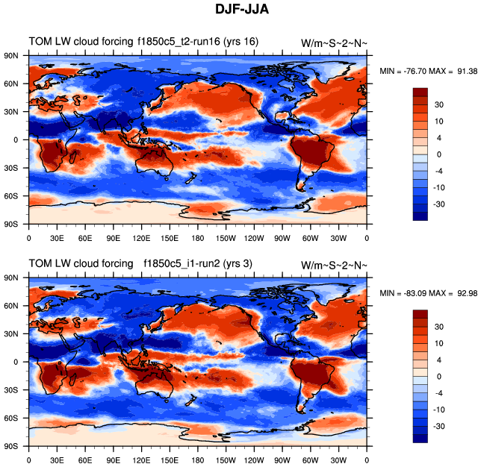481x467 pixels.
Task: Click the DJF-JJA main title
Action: coord(241,10)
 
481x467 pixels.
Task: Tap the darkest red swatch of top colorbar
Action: coord(421,92)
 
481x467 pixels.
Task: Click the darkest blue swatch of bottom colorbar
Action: coord(421,438)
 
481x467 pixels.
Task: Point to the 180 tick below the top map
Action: coord(197,238)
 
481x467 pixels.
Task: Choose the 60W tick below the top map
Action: coord(311,238)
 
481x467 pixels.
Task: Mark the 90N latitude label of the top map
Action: coord(12,56)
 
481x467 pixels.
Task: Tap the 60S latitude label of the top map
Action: coord(12,196)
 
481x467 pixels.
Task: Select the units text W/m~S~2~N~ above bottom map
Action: coord(334,266)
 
